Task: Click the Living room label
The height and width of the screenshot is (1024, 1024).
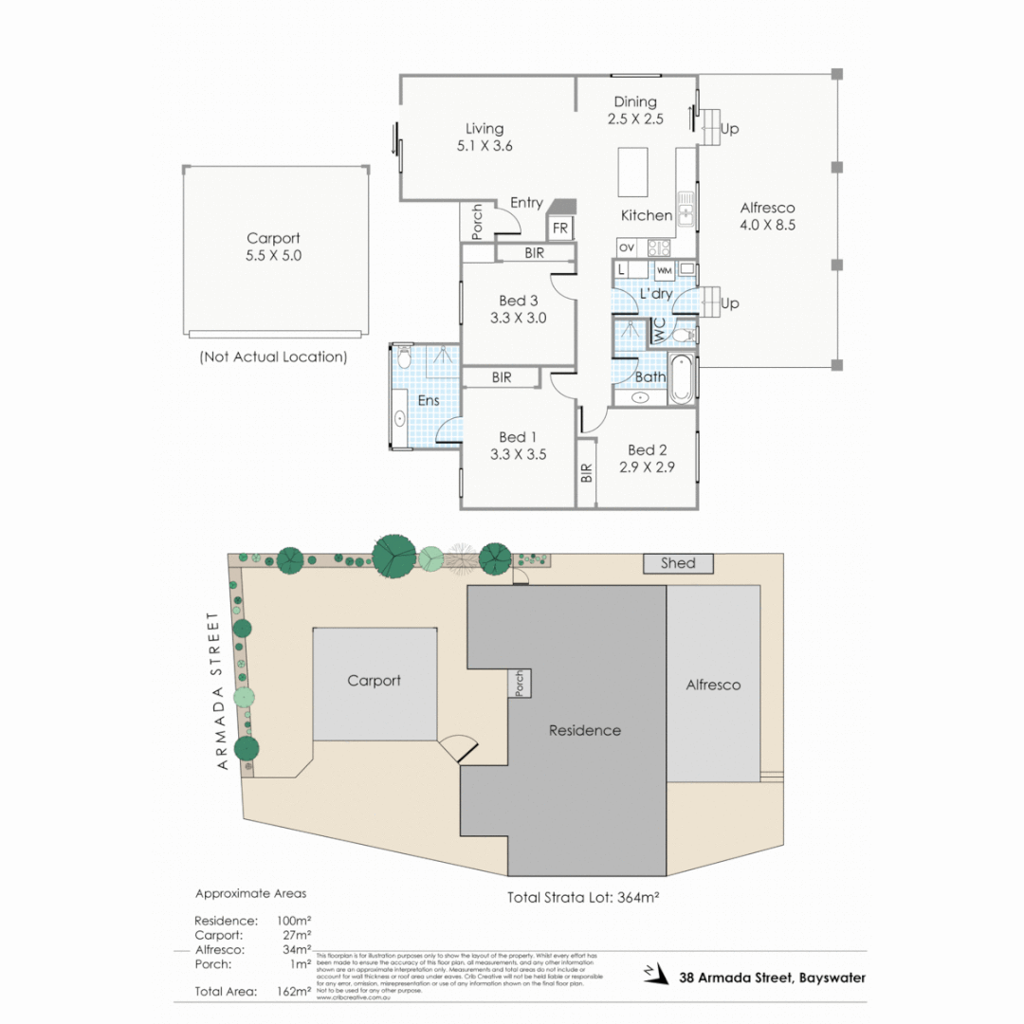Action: click(x=484, y=129)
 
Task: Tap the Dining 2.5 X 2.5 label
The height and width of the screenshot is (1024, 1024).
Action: click(x=634, y=110)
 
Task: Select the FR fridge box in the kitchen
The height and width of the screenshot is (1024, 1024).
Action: click(x=560, y=229)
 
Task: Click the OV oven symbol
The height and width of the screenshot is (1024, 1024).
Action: click(x=626, y=247)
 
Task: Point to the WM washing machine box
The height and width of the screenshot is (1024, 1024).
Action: click(x=664, y=271)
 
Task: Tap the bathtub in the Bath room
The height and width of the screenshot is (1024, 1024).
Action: click(x=682, y=378)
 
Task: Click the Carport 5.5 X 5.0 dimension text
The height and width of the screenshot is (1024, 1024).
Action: click(x=273, y=255)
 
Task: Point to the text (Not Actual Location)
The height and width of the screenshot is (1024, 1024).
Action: click(x=273, y=357)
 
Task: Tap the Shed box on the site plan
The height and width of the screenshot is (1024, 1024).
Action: click(x=678, y=563)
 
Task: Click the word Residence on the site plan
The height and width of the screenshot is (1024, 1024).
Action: click(x=585, y=730)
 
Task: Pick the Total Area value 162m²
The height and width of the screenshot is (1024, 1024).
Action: click(x=295, y=991)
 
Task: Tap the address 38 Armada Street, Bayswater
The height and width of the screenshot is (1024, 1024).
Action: click(x=772, y=978)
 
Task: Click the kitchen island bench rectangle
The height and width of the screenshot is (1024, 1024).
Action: click(x=632, y=172)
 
